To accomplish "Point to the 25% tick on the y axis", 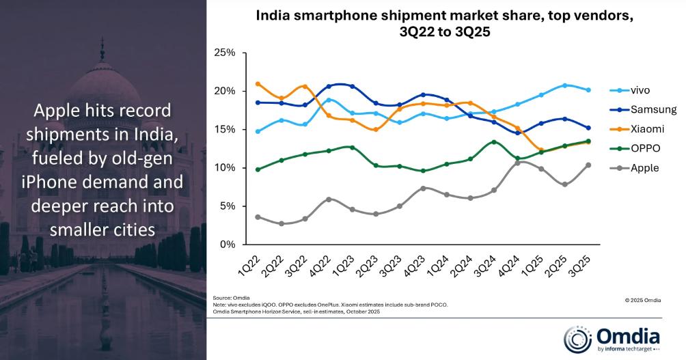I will click(x=225, y=53).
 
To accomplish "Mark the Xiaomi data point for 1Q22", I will click(x=258, y=84).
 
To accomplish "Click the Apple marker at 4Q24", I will click(x=518, y=163).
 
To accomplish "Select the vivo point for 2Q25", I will click(x=564, y=85).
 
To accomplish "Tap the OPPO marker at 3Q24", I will click(x=494, y=142).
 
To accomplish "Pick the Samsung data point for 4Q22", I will click(x=329, y=87).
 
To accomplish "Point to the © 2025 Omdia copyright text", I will click(x=642, y=299).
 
